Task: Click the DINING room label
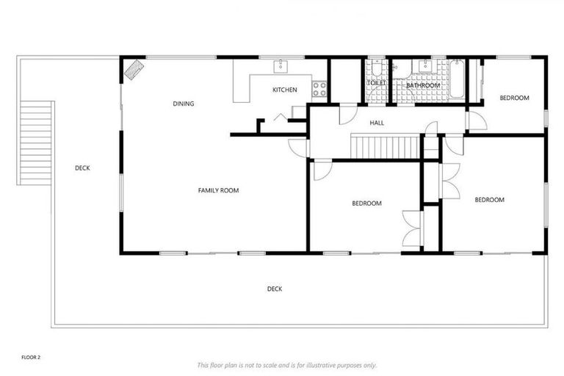[x=184, y=104]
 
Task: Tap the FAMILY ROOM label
[x=218, y=191]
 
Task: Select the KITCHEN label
[x=284, y=90]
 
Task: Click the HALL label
[x=377, y=123]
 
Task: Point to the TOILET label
[x=376, y=84]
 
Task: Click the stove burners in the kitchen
[x=319, y=90]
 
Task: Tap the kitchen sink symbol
[x=280, y=67]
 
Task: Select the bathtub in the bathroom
[x=457, y=79]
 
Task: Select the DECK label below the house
[x=274, y=289]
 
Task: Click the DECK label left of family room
[x=82, y=168]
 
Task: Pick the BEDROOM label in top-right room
[x=514, y=98]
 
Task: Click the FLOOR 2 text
[x=31, y=358]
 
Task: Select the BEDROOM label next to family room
[x=366, y=203]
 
